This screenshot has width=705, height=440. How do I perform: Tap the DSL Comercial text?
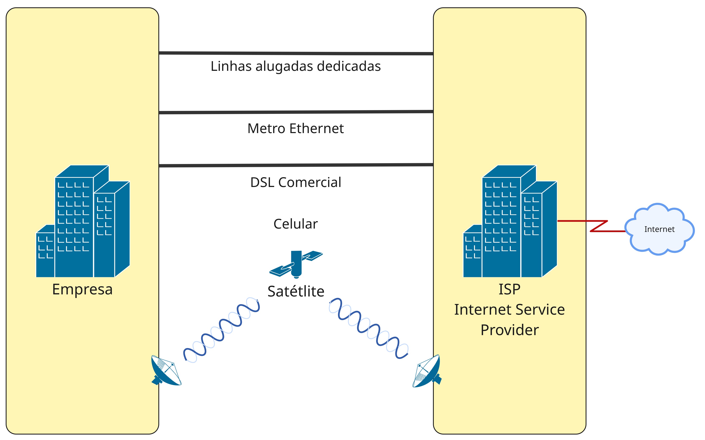pos(296,182)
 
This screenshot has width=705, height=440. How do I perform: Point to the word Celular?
pos(296,224)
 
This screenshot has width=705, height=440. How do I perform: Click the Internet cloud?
pos(659,229)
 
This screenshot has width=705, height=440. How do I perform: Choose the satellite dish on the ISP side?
pos(427,371)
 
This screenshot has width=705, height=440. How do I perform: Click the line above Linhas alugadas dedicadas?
pos(296,53)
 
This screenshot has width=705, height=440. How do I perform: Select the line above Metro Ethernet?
pos(296,112)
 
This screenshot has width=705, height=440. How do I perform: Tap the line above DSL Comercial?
pos(296,165)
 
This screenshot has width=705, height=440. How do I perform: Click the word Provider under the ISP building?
pos(509,330)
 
